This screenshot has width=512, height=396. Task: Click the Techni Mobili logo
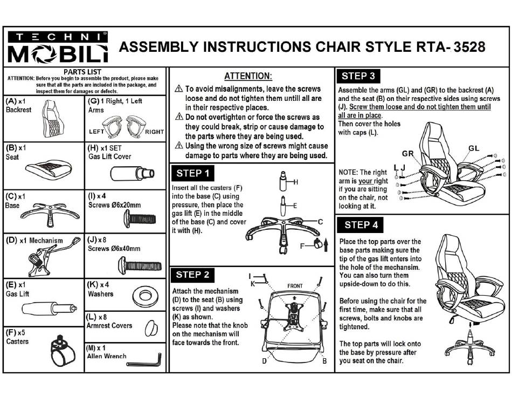pos(58,47)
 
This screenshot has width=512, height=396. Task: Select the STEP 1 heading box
pos(192,173)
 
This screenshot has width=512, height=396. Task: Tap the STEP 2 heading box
pos(192,275)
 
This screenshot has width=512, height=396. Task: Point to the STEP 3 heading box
pos(358,76)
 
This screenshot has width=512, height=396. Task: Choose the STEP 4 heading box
pos(360,225)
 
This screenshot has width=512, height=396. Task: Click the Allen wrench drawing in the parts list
pos(144,361)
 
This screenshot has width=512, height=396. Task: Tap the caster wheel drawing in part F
pos(63,351)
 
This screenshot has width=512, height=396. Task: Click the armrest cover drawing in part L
pos(151,329)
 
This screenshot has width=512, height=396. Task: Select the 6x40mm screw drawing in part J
pos(140,265)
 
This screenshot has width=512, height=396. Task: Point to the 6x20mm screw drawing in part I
pos(140,219)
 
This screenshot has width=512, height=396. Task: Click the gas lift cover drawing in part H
pos(132,173)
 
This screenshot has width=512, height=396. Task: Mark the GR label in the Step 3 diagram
pos(408,154)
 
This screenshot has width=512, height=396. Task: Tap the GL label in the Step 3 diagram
pos(474,148)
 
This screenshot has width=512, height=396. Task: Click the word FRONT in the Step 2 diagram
pos(295,286)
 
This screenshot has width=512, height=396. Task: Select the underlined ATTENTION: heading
pos(248,76)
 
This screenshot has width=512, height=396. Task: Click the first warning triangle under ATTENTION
pos(179,88)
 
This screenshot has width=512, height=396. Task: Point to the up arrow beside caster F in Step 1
pos(326,245)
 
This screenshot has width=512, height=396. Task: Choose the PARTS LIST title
pos(82,72)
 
